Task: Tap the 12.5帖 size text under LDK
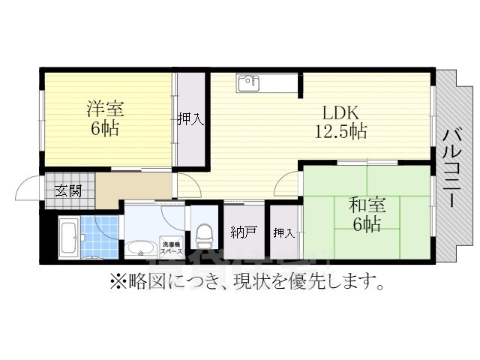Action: click(340, 132)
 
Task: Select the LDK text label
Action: click(340, 113)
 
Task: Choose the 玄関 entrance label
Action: click(68, 190)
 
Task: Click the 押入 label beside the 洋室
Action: click(191, 118)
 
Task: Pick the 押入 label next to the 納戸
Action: click(283, 232)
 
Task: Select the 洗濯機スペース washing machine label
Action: click(169, 245)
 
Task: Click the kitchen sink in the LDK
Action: click(248, 82)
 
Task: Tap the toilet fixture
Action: click(202, 237)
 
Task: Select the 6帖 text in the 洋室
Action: click(104, 128)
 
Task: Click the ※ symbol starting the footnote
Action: click(116, 283)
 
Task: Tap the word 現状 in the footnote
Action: click(280, 283)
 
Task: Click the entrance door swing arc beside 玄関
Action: click(28, 187)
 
